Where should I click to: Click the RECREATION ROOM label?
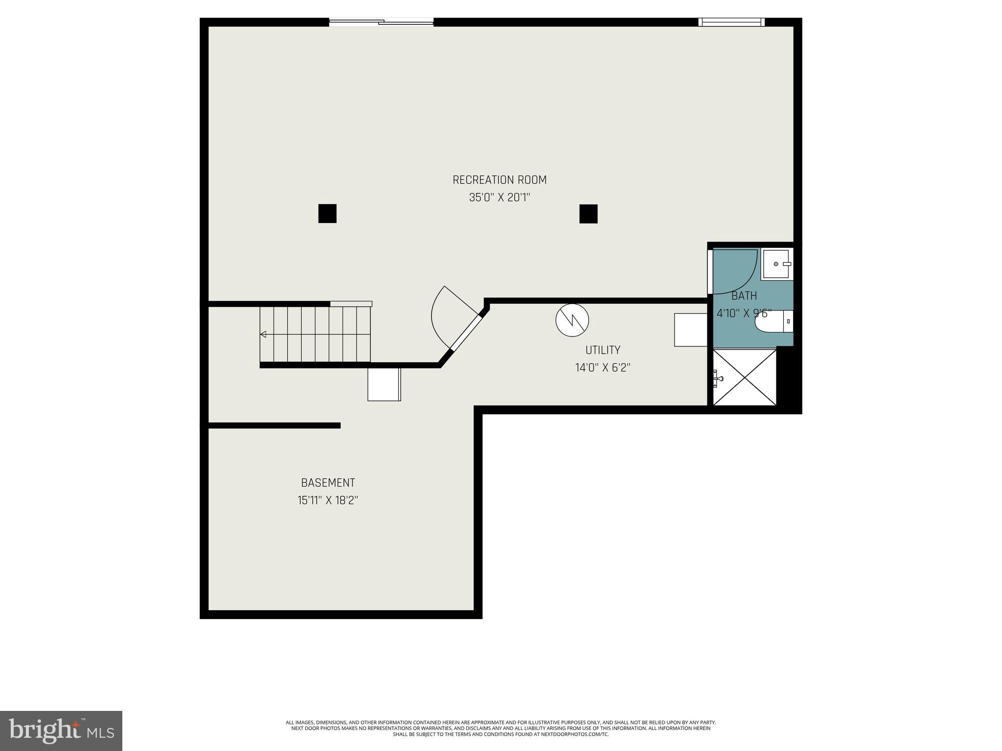(499, 180)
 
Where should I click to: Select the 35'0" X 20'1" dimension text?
(499, 198)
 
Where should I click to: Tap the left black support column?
(327, 214)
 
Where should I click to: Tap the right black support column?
(588, 214)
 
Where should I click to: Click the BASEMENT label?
(328, 483)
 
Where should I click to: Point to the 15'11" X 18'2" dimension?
(328, 500)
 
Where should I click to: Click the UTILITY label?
(603, 350)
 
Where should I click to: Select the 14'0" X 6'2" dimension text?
(603, 368)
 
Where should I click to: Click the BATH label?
(744, 296)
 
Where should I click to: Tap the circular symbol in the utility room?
(572, 320)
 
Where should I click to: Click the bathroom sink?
(776, 264)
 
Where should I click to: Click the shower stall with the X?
(745, 377)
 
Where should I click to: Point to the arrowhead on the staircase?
(263, 334)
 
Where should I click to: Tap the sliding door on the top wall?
(381, 22)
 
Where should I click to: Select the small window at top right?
(731, 22)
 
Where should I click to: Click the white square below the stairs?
(384, 384)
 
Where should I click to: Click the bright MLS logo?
(61, 730)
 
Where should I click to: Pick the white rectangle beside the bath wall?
(690, 330)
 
